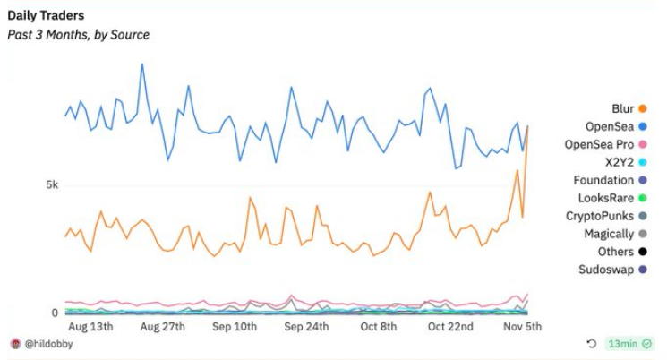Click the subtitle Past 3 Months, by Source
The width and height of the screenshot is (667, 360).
point(79,35)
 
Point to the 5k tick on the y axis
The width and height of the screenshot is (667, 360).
point(52,185)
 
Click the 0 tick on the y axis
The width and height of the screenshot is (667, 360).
point(55,313)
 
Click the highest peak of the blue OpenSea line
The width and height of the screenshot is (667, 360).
point(141,64)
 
